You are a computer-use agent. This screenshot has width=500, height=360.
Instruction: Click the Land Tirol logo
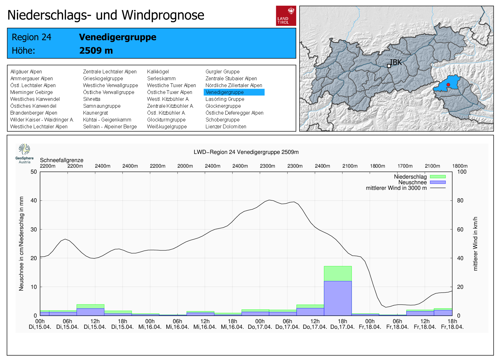click(x=286, y=16)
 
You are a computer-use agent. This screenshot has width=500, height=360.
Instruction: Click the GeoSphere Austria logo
click(x=24, y=153)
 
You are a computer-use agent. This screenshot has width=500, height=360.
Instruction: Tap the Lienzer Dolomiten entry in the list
click(x=226, y=126)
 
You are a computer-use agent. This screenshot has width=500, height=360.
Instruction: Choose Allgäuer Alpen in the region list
click(x=26, y=72)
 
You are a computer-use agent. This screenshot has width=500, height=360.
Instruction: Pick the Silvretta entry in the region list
click(x=92, y=99)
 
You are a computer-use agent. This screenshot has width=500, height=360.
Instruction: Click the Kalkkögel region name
click(x=158, y=72)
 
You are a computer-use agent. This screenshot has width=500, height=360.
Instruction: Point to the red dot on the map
click(x=448, y=85)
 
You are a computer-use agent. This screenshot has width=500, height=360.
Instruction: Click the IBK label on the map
click(x=396, y=62)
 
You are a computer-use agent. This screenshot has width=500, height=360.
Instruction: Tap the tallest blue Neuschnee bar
click(x=337, y=298)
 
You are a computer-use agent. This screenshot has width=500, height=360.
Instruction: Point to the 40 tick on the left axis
click(x=33, y=200)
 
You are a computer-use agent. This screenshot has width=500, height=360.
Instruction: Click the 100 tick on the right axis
click(x=462, y=172)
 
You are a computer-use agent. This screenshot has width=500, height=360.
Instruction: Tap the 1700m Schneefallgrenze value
click(x=405, y=166)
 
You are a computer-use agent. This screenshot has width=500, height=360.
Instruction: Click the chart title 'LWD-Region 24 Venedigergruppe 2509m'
click(x=246, y=152)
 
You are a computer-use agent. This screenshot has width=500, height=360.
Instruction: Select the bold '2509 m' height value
click(x=96, y=51)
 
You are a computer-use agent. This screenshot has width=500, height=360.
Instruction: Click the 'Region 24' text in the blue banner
click(x=31, y=37)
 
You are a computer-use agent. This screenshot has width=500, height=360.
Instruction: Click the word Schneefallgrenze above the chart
click(x=62, y=160)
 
